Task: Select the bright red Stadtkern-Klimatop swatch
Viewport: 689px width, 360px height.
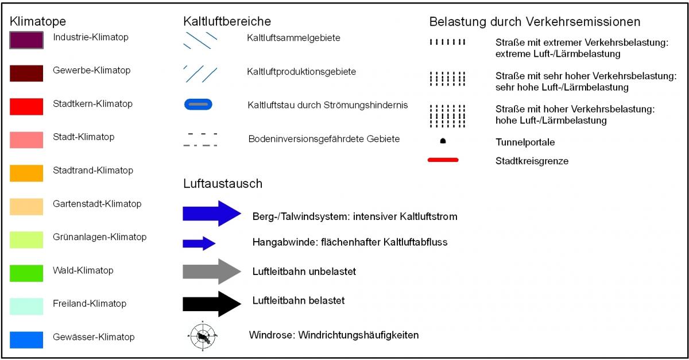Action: click(x=26, y=106)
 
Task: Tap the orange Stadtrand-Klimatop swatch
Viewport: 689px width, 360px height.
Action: click(x=26, y=173)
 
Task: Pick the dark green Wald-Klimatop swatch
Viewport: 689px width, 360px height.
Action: click(x=26, y=273)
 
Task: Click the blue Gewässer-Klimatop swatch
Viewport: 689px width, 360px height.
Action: click(x=26, y=339)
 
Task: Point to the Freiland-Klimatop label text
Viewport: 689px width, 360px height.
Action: click(x=90, y=304)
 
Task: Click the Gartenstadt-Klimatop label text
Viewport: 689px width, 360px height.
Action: click(x=97, y=204)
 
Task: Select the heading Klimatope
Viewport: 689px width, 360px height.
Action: click(x=38, y=22)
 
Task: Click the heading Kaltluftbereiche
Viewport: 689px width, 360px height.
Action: click(x=227, y=22)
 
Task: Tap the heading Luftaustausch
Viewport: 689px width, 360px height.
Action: click(x=223, y=184)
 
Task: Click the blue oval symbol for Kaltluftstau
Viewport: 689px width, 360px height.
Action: click(x=198, y=104)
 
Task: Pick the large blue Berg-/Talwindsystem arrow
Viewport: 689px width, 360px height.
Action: click(x=211, y=214)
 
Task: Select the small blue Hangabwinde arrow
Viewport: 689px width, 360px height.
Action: click(x=199, y=243)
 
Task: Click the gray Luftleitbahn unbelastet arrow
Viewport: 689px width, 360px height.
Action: click(x=211, y=271)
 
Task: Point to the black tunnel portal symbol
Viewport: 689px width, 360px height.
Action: click(x=443, y=141)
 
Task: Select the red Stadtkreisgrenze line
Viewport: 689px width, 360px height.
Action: click(x=443, y=160)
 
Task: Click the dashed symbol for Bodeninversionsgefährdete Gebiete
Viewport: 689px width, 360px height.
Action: click(x=200, y=140)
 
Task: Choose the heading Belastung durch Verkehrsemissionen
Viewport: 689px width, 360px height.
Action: click(x=535, y=22)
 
